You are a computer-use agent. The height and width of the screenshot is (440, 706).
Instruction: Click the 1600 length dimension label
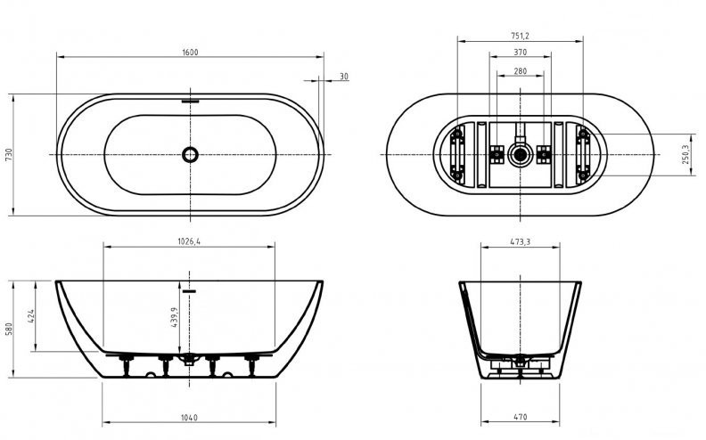190,53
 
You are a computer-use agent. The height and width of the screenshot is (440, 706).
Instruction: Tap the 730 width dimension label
9,155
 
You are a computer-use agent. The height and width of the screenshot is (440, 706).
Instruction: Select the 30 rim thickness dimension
344,77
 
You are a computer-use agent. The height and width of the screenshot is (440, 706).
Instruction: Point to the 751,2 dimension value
520,36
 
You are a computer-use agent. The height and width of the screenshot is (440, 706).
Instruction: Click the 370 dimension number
520,53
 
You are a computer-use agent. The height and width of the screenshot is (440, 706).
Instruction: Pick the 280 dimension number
520,71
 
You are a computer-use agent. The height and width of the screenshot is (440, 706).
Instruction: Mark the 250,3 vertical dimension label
685,154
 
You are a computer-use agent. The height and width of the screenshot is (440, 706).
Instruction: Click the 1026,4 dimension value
189,241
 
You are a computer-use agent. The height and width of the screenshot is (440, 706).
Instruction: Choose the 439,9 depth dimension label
175,317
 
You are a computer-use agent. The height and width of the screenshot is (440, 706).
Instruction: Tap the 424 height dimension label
31,317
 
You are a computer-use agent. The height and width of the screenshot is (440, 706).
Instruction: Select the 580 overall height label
9,329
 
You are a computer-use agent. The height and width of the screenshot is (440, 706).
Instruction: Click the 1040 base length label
189,418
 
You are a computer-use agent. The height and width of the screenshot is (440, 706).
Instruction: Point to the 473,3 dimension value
520,242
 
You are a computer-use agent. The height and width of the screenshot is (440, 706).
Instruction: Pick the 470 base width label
520,417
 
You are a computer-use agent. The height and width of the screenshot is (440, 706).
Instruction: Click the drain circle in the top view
190,154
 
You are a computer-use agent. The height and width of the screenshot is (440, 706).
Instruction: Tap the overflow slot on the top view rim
190,101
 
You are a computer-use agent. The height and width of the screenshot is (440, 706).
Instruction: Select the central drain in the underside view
521,155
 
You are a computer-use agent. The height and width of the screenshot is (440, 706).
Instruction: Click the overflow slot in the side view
190,291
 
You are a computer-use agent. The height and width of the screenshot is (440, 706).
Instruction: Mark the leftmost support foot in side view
127,365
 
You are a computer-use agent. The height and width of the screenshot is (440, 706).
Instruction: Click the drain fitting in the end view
521,361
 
